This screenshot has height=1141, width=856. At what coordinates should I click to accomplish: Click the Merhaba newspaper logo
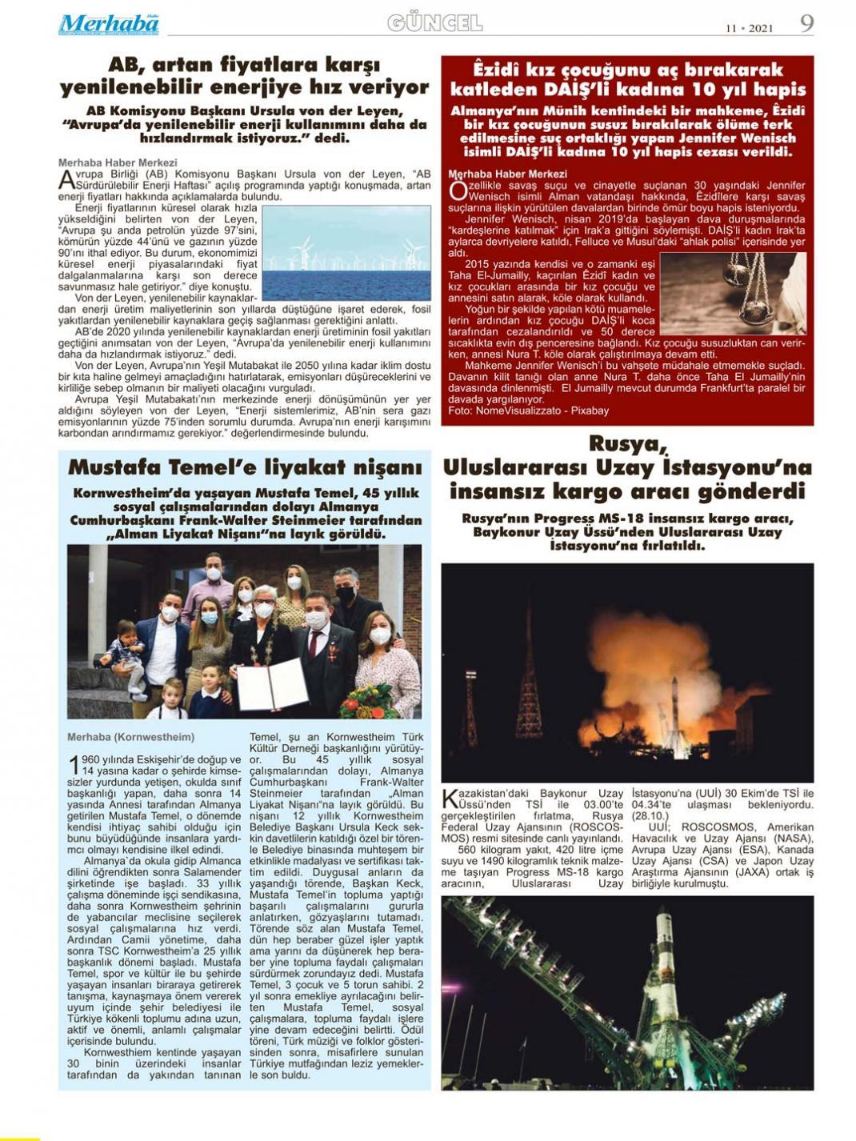tap(109, 24)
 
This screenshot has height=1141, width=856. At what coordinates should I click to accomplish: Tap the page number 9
tap(806, 23)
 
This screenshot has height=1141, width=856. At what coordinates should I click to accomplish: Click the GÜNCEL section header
tap(434, 23)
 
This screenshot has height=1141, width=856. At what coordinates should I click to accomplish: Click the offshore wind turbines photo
tap(346, 254)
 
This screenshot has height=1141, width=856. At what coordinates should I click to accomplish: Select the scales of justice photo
tap(733, 294)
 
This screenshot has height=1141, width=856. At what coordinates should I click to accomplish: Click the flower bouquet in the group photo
tap(369, 702)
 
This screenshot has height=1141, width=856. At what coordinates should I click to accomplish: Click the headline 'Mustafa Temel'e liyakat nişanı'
tap(245, 467)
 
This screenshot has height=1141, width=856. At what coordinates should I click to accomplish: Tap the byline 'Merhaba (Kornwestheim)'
tap(130, 737)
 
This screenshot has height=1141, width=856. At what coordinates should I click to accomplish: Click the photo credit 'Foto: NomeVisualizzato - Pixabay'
tap(528, 410)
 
